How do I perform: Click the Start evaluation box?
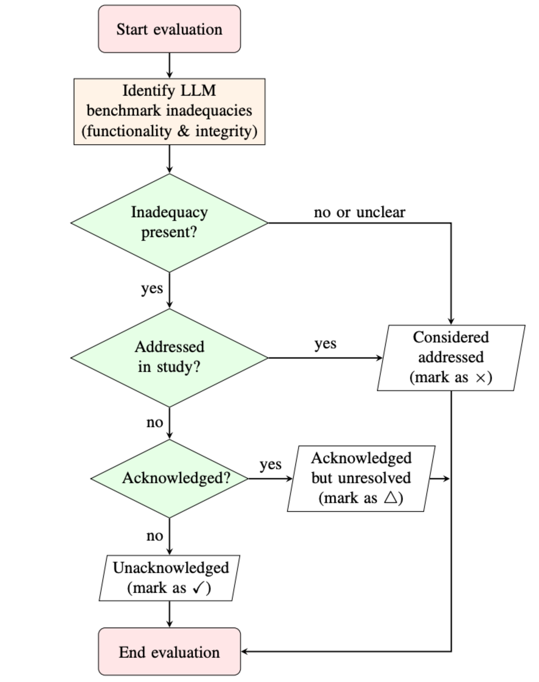[x=170, y=29]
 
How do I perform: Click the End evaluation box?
[x=170, y=652]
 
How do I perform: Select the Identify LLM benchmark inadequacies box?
[x=170, y=111]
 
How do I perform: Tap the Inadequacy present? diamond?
[x=170, y=222]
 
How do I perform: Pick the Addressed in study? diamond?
[x=170, y=358]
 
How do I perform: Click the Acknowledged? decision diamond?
[x=170, y=478]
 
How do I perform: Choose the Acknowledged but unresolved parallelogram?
[x=361, y=478]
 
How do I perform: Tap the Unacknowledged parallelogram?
[x=170, y=578]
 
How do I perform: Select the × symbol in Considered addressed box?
[x=481, y=377]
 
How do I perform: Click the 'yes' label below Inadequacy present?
[x=152, y=288]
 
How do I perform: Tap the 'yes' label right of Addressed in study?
[x=325, y=343]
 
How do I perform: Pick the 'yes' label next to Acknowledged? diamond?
[x=270, y=464]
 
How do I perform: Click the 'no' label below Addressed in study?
[x=155, y=422]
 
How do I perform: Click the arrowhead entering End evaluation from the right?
[x=244, y=651]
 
